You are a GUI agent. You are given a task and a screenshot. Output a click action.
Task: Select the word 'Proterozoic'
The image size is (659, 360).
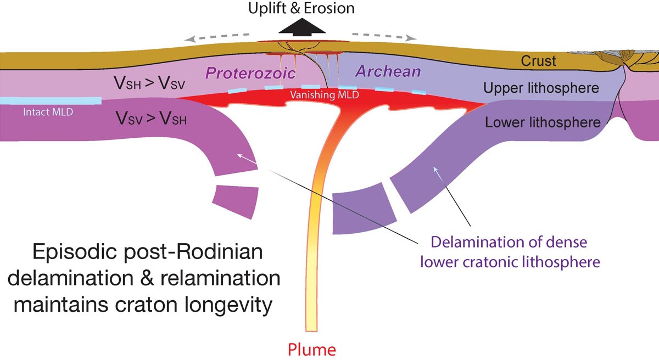[251, 73]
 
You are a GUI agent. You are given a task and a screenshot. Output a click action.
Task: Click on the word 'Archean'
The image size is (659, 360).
[388, 71]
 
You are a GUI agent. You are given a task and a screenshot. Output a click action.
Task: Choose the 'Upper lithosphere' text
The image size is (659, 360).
[542, 87]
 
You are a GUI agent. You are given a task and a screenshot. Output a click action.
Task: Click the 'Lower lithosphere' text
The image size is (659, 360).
[542, 122]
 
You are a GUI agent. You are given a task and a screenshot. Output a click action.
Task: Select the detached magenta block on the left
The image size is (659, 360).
[235, 201]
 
